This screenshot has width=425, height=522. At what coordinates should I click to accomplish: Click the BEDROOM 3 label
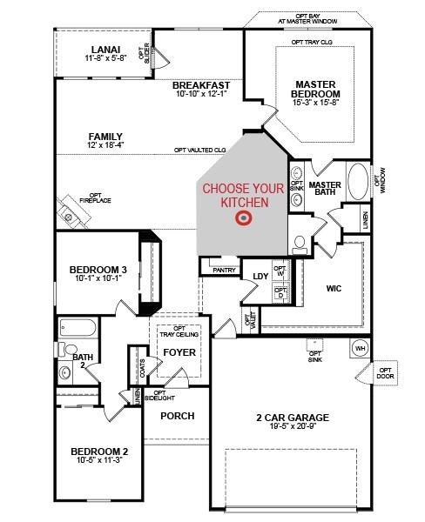click(x=98, y=271)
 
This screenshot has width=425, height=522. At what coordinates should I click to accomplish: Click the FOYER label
click(x=179, y=352)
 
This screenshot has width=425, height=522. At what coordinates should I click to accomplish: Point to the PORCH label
click(x=177, y=415)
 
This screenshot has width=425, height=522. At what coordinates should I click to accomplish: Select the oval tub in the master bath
click(x=358, y=184)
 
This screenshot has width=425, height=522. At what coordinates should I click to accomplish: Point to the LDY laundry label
click(x=260, y=277)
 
